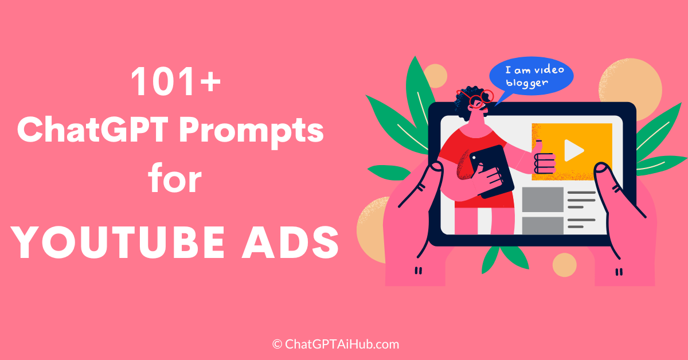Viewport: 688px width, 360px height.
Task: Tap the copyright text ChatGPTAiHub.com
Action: (335, 345)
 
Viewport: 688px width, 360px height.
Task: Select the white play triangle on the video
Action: (573, 150)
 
